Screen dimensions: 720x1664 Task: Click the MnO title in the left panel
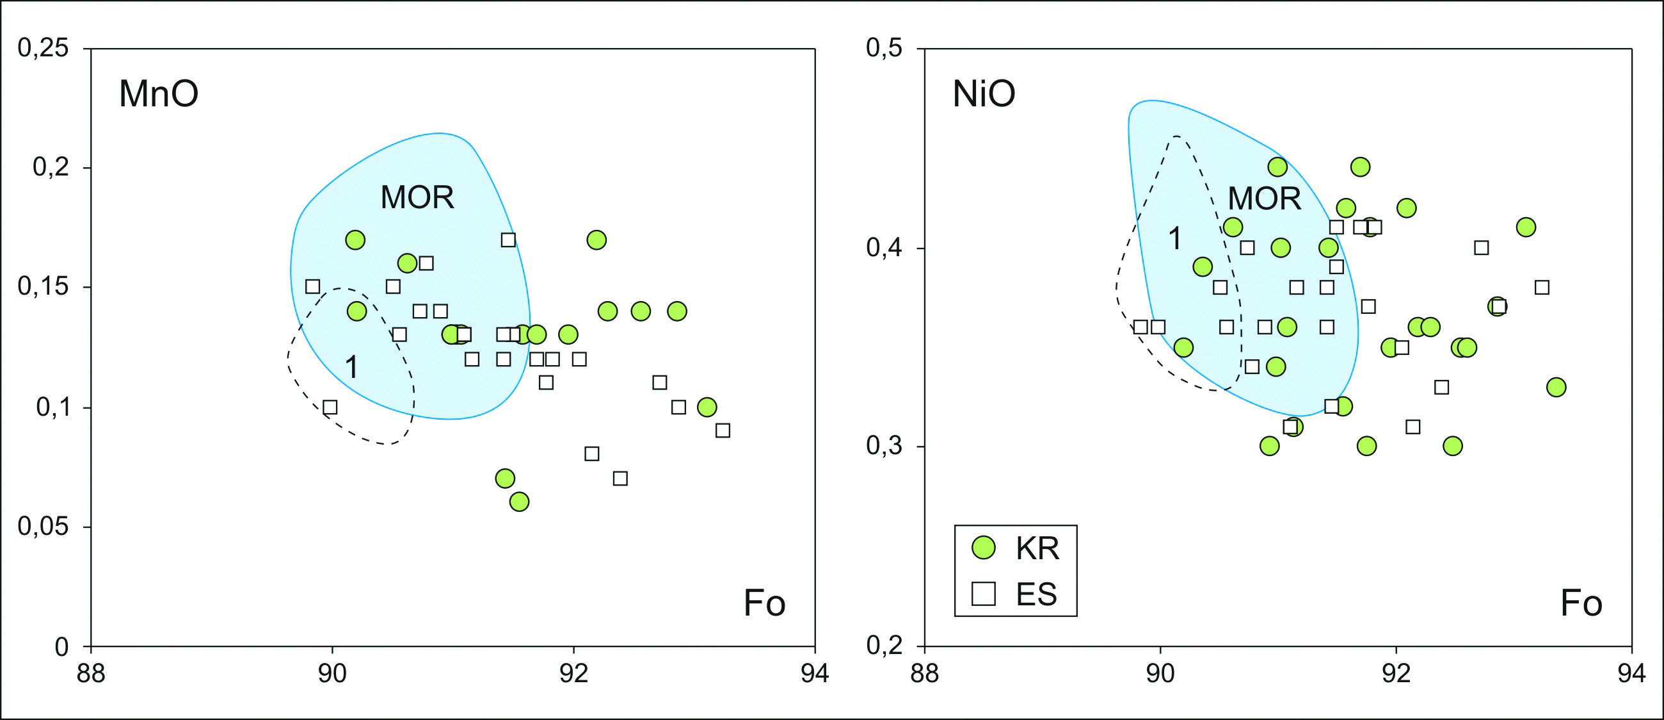[158, 94]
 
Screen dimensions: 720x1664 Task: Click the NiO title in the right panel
[984, 94]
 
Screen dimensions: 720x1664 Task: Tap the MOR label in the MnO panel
[417, 197]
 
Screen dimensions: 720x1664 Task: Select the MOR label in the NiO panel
[1264, 198]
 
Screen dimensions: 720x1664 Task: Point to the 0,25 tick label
[44, 48]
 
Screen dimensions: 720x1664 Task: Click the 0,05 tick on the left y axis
[44, 527]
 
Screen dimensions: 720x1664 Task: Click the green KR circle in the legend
[984, 548]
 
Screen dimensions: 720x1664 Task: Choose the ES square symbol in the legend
[984, 593]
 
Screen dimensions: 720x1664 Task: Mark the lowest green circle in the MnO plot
[518, 502]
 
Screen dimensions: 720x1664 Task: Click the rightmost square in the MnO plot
[723, 430]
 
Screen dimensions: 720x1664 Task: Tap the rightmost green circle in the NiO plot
[1556, 387]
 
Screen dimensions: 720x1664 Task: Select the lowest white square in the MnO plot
[620, 479]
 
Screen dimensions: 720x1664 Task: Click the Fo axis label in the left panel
[764, 603]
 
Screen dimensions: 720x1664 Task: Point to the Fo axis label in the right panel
[1581, 603]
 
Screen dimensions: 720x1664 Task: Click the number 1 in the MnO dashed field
[351, 367]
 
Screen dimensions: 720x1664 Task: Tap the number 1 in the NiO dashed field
[1176, 238]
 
